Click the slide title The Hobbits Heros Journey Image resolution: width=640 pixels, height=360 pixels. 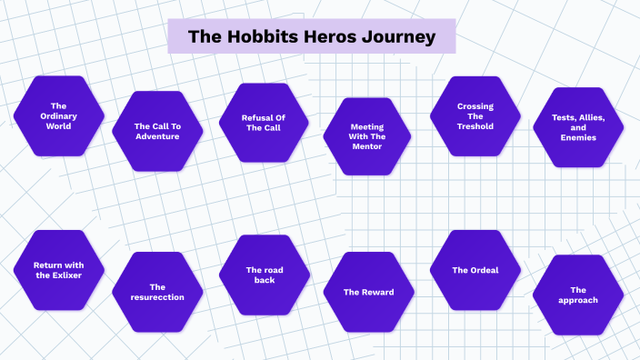[311, 37]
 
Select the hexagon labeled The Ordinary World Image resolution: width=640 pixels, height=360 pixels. [59, 115]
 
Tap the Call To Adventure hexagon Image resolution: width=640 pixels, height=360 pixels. [156, 131]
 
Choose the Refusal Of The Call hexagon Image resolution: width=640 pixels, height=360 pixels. [265, 123]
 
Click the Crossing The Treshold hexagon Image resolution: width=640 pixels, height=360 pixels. [475, 115]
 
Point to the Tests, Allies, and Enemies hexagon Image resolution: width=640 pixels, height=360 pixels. [578, 127]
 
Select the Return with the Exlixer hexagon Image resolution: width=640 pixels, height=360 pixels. [59, 269]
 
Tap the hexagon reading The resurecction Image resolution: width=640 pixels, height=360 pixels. [156, 292]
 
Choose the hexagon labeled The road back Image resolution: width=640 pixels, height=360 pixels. [265, 275]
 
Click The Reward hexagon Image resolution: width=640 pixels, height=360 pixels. [368, 292]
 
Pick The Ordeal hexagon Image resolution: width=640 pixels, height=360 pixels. [475, 270]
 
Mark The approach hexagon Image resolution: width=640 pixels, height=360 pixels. [578, 295]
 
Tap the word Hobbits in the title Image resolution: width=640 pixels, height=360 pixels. [265, 37]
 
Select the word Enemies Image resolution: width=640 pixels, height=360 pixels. [578, 137]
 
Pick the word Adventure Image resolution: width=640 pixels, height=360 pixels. [156, 136]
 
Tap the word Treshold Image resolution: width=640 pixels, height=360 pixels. [475, 126]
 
